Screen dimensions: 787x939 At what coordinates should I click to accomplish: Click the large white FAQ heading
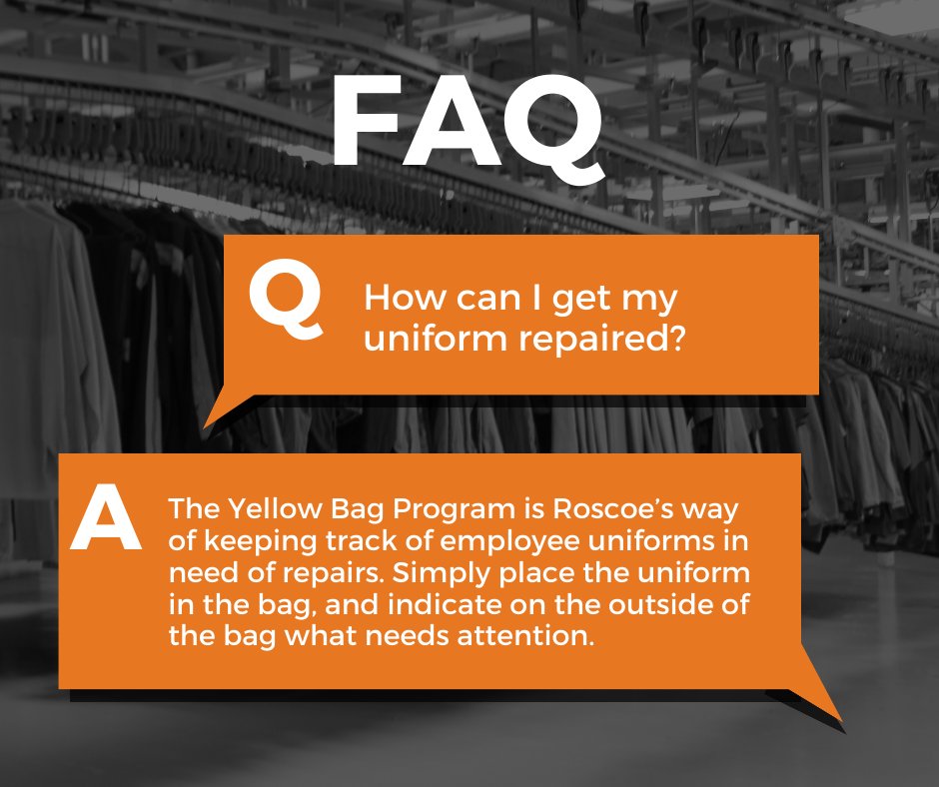click(468, 122)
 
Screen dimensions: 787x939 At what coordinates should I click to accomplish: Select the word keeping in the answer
click(251, 542)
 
